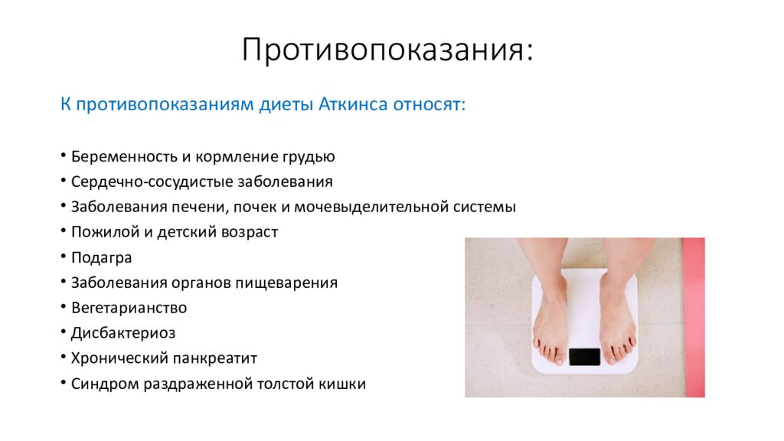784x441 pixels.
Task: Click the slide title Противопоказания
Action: (387, 51)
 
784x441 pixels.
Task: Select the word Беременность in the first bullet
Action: (123, 157)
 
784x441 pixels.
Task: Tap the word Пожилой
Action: (100, 232)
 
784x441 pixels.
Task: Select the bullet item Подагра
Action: (102, 257)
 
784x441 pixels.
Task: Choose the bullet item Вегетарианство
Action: (129, 308)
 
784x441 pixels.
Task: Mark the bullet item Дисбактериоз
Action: (123, 333)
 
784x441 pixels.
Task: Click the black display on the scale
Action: (584, 356)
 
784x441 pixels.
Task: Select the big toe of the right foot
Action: (612, 351)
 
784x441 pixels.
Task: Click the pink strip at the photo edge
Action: (693, 317)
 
